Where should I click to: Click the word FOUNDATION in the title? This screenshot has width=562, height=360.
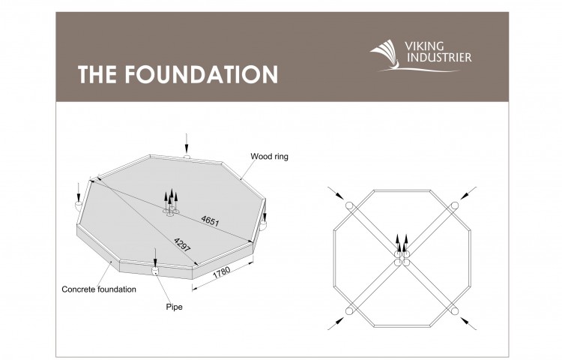(201, 74)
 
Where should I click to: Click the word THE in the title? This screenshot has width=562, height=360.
(97, 74)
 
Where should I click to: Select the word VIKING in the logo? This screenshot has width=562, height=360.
(424, 46)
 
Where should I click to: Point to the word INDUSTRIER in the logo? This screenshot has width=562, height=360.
(439, 57)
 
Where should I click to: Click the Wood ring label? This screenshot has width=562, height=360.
(269, 156)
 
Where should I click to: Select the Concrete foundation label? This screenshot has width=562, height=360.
(99, 289)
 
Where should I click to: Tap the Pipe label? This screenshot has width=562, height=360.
(174, 307)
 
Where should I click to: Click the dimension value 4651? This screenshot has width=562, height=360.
(210, 221)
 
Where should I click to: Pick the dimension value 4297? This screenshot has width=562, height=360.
(182, 245)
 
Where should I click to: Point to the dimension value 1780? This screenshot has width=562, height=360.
(222, 272)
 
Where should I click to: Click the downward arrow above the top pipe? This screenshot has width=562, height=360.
(187, 143)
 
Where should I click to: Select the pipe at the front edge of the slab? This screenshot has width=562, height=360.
(155, 270)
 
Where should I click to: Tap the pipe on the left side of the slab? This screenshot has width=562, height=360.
(78, 205)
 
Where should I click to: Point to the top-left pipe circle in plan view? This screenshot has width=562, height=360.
(349, 205)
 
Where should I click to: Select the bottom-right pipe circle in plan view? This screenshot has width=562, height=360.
(455, 310)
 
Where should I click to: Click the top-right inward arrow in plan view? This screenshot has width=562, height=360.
(468, 193)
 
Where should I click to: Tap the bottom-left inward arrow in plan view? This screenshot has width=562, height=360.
(336, 323)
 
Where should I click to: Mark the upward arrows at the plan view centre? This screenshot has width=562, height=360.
(402, 244)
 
